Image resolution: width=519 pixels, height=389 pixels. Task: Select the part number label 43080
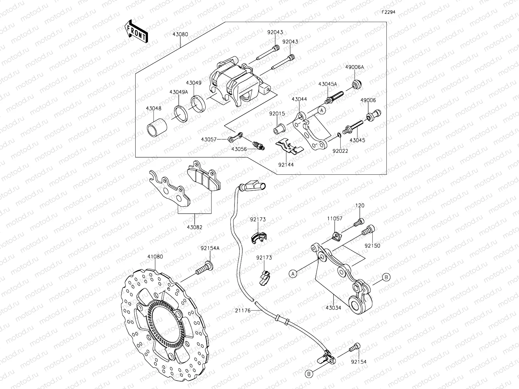tap(180, 34)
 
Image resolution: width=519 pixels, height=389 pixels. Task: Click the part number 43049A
tap(178, 92)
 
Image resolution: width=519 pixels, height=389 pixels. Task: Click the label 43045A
tap(328, 84)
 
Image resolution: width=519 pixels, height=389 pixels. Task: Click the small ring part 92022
tap(339, 135)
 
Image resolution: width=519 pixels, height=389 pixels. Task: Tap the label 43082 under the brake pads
tap(195, 227)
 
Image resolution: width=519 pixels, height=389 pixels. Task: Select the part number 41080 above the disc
tap(155, 256)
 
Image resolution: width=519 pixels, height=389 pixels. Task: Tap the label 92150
tap(372, 246)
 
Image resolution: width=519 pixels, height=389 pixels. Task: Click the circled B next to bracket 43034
tap(386, 277)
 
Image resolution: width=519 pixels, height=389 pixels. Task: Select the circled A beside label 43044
tap(321, 111)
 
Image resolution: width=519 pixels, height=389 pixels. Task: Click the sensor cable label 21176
tap(243, 311)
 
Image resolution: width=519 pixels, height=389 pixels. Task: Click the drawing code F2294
tap(388, 12)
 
